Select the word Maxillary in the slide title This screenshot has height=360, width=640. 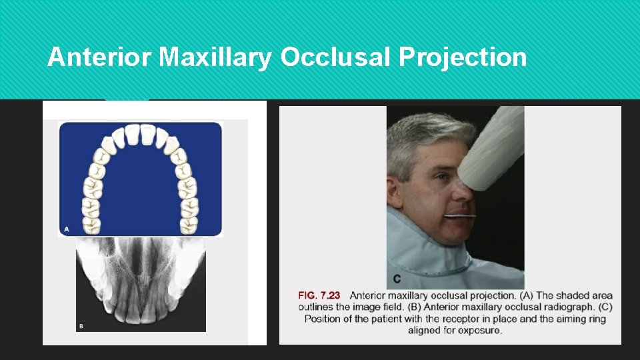216,58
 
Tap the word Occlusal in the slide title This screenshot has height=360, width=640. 336,58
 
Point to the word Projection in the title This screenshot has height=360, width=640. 463,58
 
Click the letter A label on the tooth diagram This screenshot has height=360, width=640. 66,229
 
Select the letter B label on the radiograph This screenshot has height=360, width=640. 81,326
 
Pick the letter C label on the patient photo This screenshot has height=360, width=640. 397,278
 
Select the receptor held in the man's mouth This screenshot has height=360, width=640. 460,216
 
